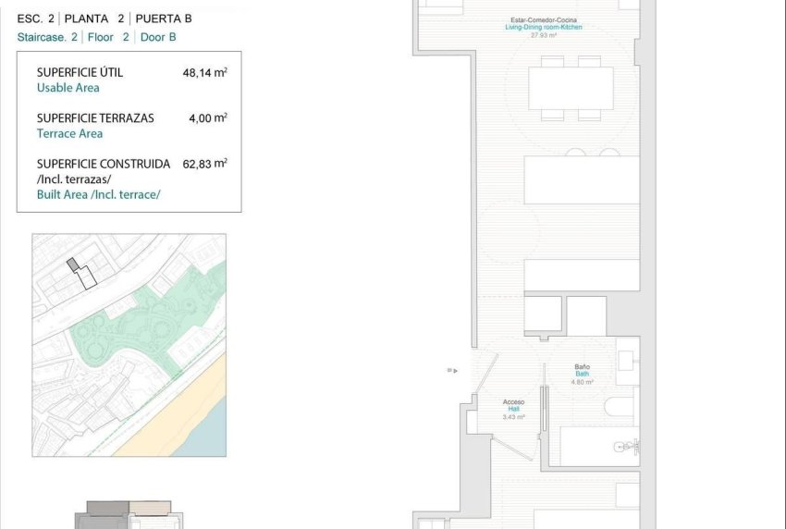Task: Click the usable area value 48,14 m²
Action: pos(204,72)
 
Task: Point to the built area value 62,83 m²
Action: pos(204,163)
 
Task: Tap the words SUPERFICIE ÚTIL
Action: pos(80,72)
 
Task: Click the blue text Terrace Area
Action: pos(69,133)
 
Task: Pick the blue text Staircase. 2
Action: pos(47,37)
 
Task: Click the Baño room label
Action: pos(582,367)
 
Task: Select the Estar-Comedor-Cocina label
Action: pos(544,20)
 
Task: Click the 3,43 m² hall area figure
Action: pos(513,417)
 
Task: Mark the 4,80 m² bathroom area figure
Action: pos(582,381)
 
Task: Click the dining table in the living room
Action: pos(571,88)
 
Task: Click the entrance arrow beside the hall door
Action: pos(450,370)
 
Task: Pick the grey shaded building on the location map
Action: pos(73,264)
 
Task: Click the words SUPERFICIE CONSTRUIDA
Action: pos(104,164)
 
